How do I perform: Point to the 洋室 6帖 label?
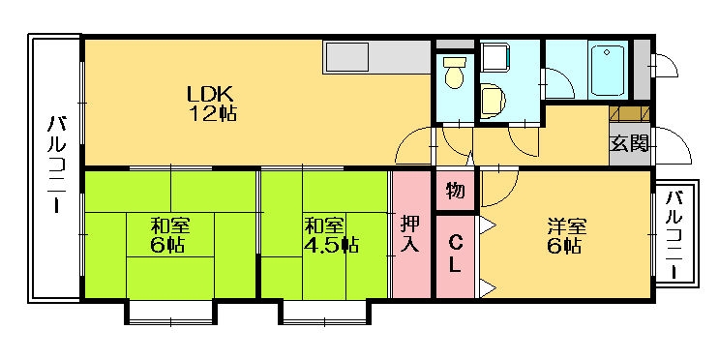pos(564,235)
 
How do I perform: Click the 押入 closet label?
pos(410,234)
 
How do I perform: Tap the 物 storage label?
pos(455,191)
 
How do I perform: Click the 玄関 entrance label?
pos(628,145)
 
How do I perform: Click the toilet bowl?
pos(453,74)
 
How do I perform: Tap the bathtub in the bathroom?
pos(606,68)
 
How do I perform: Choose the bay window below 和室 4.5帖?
pos(323,312)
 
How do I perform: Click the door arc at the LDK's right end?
pos(413,147)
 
